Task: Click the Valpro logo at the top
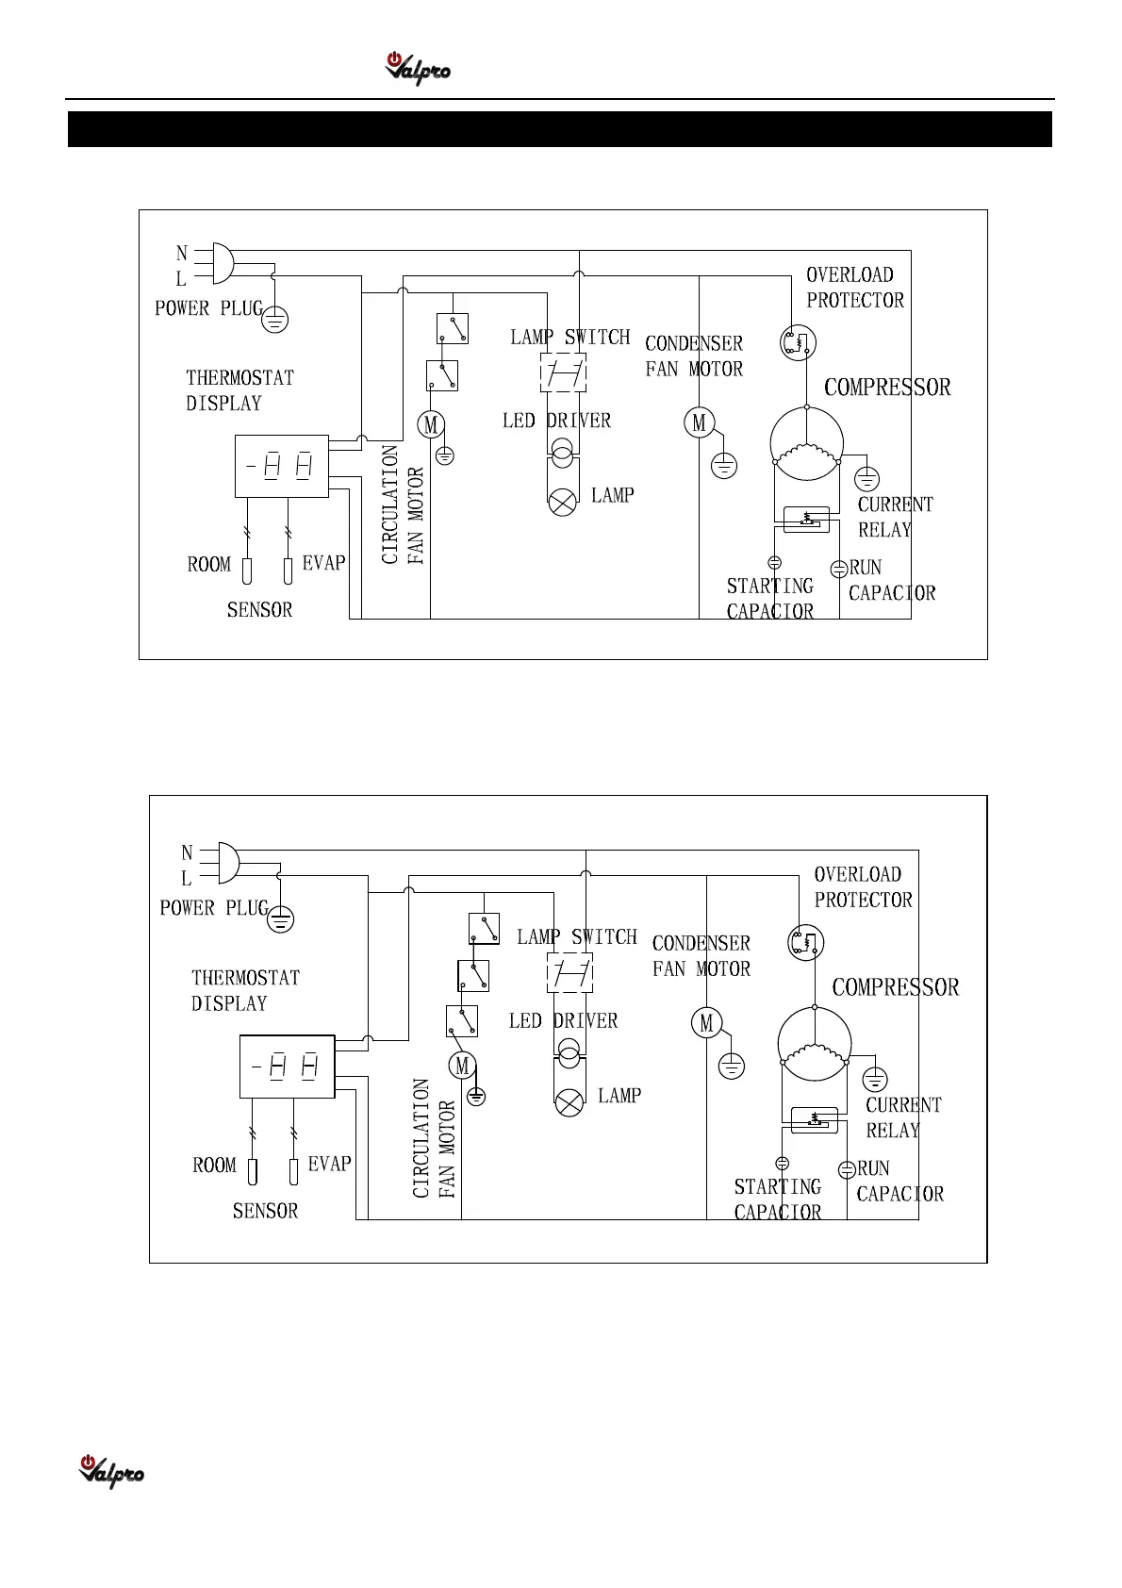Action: click(x=417, y=69)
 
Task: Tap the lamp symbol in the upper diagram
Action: click(x=562, y=503)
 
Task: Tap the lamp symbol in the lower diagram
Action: click(x=569, y=1102)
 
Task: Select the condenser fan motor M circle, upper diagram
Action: click(x=699, y=423)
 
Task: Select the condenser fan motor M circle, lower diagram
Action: click(x=707, y=1023)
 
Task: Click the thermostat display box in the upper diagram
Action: click(x=281, y=466)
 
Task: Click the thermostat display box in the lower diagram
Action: click(x=287, y=1067)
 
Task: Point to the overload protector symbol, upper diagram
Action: click(x=798, y=343)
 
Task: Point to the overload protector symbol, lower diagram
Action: click(x=806, y=942)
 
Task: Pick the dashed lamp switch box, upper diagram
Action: click(x=563, y=372)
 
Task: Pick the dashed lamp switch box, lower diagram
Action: click(x=570, y=972)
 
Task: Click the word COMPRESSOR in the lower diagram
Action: click(x=895, y=987)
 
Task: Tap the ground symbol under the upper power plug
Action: click(x=273, y=319)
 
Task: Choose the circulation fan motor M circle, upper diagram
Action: click(x=431, y=424)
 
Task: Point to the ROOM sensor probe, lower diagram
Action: click(x=253, y=1171)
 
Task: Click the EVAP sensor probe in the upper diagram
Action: click(x=288, y=571)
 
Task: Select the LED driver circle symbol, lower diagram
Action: click(x=569, y=1054)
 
